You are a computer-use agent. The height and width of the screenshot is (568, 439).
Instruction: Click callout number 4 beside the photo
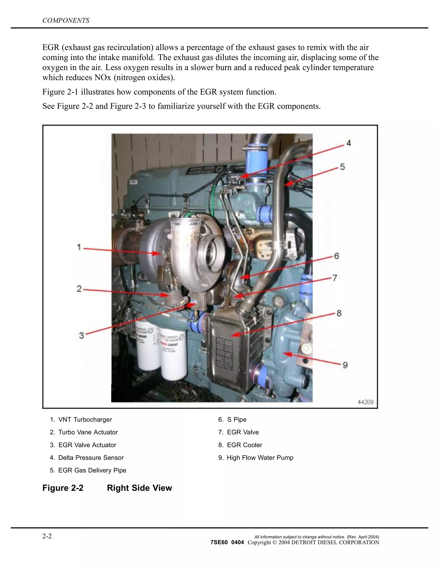(x=349, y=143)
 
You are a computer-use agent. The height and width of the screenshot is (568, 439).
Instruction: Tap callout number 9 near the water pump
(x=345, y=365)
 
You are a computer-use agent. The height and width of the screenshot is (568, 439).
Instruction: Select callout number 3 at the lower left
(x=82, y=335)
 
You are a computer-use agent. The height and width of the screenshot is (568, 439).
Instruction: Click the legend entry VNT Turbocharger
(x=85, y=419)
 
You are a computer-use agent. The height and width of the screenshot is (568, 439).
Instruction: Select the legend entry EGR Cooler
(x=244, y=445)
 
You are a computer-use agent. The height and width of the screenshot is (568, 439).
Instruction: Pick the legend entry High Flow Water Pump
(x=260, y=458)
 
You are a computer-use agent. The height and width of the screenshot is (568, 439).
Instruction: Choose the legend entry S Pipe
(x=236, y=419)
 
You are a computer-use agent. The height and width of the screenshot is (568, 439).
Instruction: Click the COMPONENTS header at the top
(x=66, y=21)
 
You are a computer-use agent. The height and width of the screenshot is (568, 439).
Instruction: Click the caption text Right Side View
(x=139, y=488)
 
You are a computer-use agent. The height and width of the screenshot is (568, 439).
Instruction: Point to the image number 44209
(x=366, y=402)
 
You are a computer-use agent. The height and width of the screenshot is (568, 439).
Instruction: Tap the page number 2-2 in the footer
(x=47, y=536)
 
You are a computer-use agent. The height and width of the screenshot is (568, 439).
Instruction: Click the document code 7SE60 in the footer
(x=219, y=542)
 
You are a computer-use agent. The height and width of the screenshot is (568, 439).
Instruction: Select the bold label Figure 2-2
(x=63, y=488)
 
